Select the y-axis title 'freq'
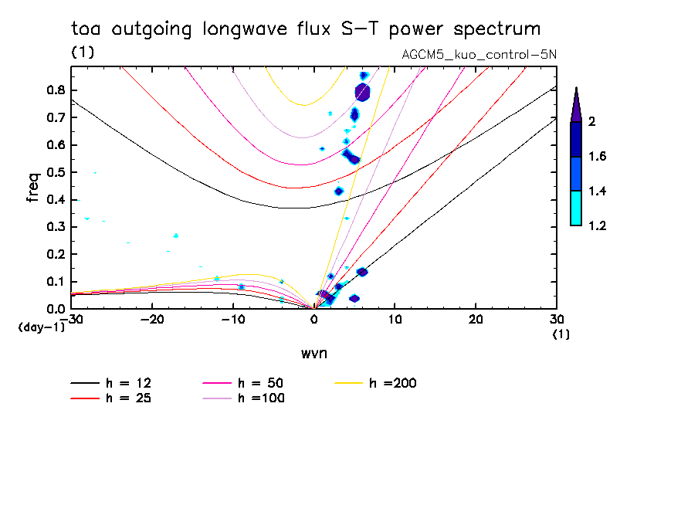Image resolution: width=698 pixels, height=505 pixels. (33, 188)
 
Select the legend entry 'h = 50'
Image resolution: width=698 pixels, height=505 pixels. (258, 383)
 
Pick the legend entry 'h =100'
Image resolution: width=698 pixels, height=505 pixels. (258, 398)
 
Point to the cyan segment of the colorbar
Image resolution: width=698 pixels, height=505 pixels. (575, 208)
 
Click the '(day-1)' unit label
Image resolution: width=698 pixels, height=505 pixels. (40, 327)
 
